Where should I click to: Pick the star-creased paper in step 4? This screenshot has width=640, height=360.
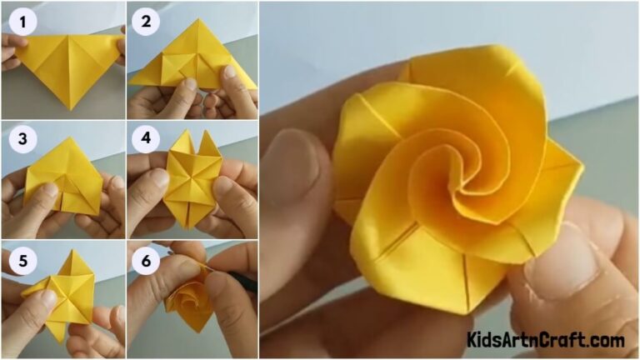tap(192, 179)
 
